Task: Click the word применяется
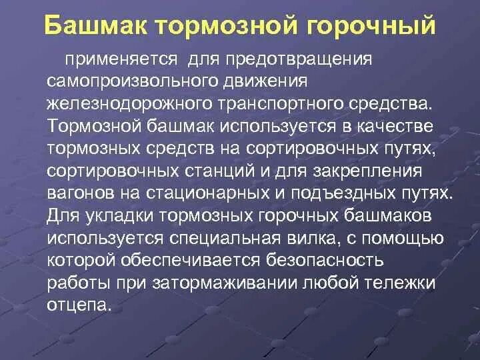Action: (121, 59)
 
